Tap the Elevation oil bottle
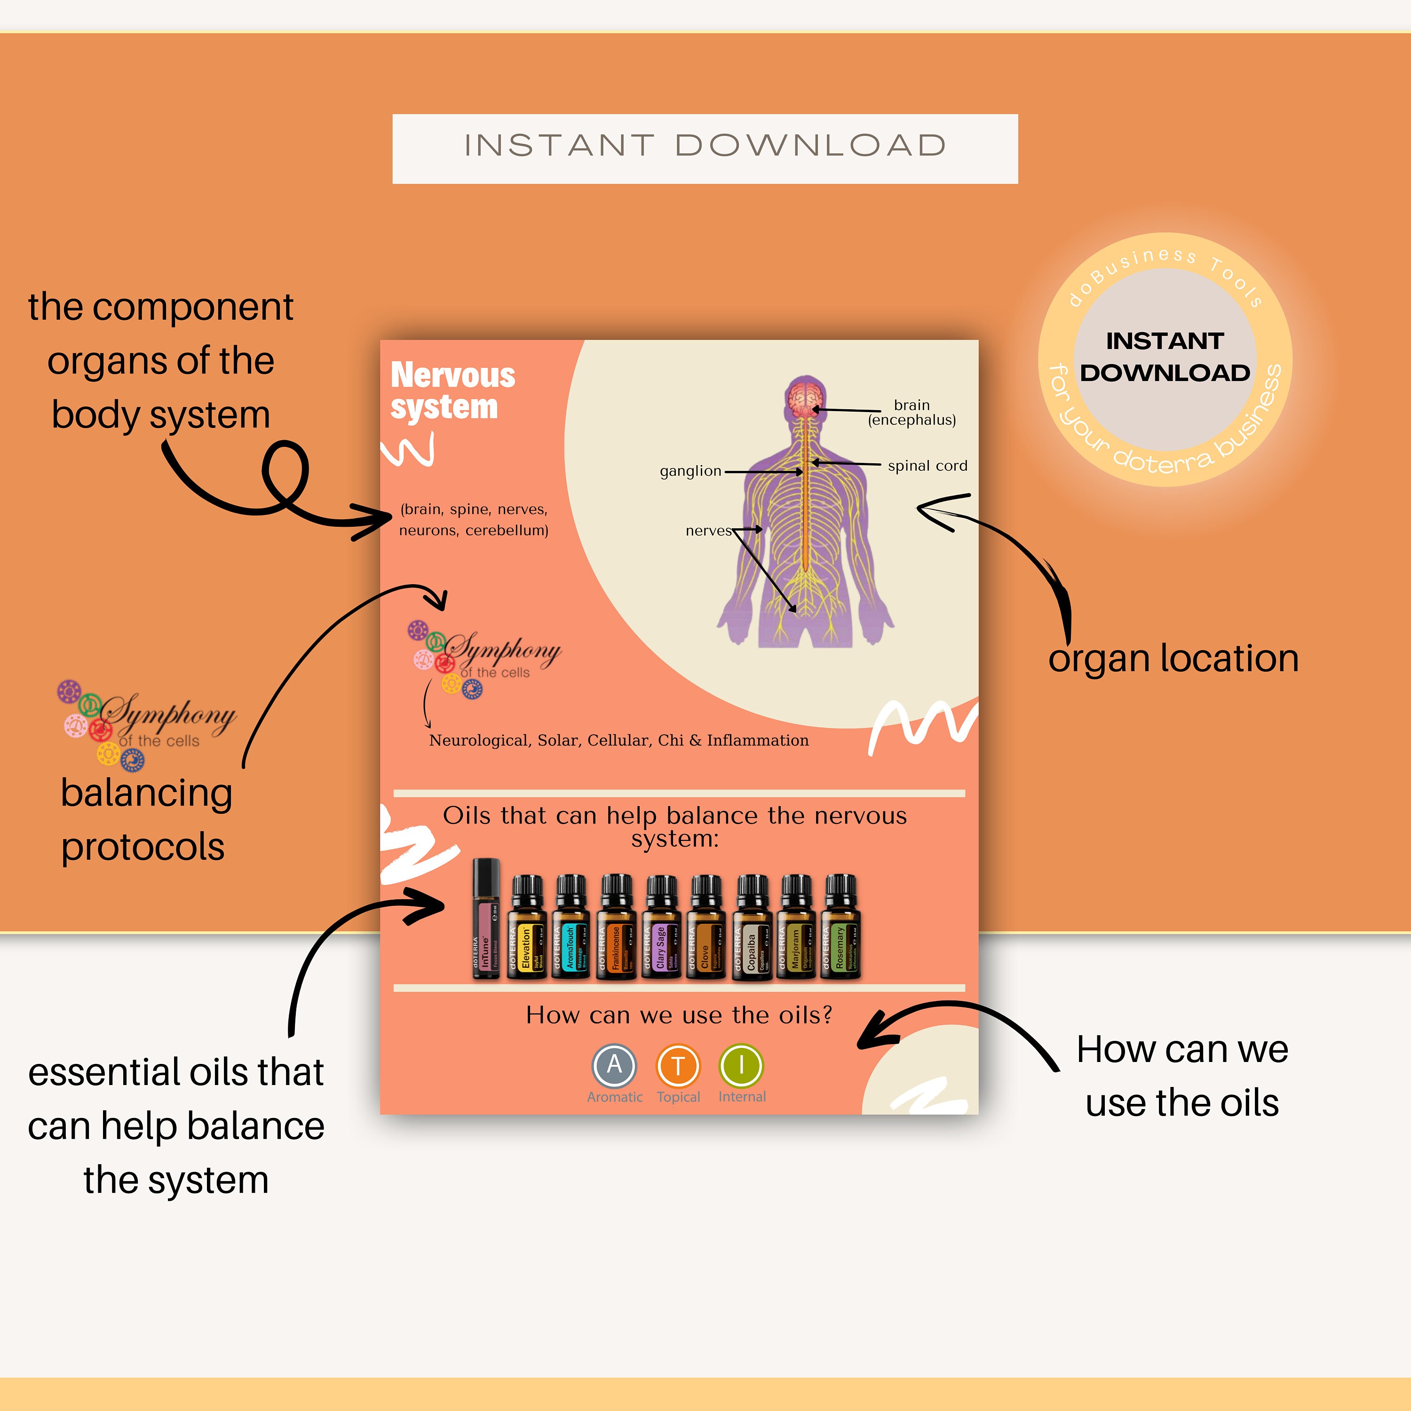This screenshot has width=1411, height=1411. pos(527,927)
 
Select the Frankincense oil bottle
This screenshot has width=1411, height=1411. pos(617,927)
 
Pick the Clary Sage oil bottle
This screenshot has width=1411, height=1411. pos(662,927)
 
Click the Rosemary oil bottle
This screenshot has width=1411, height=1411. pos(841,927)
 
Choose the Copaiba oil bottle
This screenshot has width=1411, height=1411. pos(752,927)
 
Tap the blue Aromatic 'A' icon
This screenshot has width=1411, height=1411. pos(614,1066)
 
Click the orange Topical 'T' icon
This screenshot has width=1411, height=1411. pos(678,1066)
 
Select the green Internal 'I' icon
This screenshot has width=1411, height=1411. pos(741,1066)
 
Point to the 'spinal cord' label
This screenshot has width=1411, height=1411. pos(927,466)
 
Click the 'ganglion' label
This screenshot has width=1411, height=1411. pos(690,471)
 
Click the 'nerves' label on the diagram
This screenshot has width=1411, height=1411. pos(708,531)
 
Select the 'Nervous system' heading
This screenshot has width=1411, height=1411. pos(453,391)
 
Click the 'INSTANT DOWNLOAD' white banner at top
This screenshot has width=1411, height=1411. pos(705,148)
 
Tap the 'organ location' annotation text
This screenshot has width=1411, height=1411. pos(1173,659)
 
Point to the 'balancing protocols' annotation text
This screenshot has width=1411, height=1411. pos(146,819)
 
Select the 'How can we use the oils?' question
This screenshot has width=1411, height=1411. pos(679,1015)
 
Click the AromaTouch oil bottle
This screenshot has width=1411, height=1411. pos(571,927)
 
